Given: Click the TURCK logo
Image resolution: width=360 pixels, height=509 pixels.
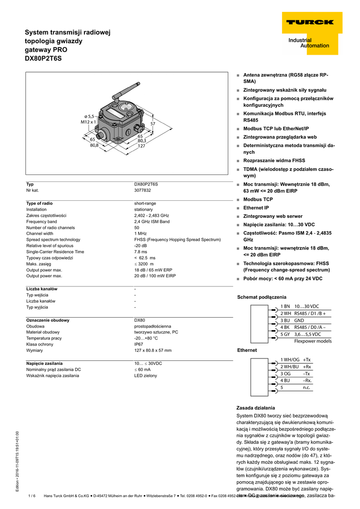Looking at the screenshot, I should (x=309, y=22).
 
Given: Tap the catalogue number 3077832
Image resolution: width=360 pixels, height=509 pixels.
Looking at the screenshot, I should (x=143, y=190).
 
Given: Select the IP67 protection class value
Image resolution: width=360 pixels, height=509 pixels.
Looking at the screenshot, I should (x=139, y=344).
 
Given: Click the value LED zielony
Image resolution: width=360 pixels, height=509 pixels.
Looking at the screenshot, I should (x=146, y=376).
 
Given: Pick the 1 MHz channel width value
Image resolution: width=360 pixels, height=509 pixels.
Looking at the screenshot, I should (x=141, y=233).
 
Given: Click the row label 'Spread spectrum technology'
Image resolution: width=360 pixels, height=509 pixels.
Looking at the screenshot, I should (x=53, y=240).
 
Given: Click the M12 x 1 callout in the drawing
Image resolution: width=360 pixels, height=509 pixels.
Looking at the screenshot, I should (x=88, y=122).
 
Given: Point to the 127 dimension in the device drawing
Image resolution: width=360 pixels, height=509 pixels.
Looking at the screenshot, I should (x=141, y=146).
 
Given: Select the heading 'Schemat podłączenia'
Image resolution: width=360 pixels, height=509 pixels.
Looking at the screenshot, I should (x=262, y=297).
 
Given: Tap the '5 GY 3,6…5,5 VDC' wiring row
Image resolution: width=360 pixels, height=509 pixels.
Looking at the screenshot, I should (x=300, y=335).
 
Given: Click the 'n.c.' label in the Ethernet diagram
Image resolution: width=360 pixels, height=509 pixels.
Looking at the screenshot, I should (x=306, y=387).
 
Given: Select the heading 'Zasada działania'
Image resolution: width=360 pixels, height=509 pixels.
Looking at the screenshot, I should (x=256, y=408).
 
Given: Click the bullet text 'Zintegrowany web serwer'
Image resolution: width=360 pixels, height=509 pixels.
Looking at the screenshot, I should (x=273, y=216).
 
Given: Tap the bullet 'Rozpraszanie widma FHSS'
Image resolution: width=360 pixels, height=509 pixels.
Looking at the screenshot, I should (x=274, y=161).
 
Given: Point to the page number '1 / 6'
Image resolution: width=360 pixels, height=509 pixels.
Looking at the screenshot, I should (x=32, y=496).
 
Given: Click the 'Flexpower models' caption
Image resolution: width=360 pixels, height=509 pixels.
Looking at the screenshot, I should (x=313, y=341).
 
